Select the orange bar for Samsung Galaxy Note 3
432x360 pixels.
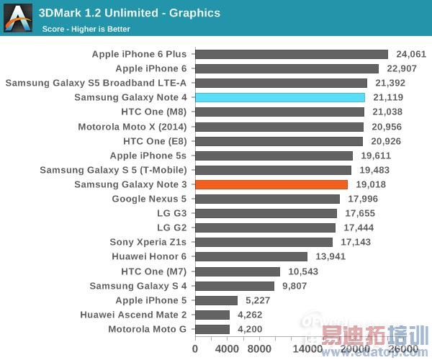tap(271, 184)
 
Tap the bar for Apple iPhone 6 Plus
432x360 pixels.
tap(292, 54)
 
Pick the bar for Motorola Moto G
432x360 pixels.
tap(212, 329)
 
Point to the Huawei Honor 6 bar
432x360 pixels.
tap(251, 256)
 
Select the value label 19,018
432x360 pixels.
tap(369, 184)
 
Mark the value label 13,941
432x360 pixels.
tap(328, 256)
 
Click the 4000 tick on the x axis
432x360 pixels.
tap(228, 349)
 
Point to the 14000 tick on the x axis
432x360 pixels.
tap(307, 349)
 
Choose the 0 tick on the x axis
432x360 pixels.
tap(195, 349)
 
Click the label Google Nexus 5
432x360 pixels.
tap(149, 199)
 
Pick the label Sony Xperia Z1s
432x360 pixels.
tap(148, 242)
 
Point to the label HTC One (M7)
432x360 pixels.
tap(154, 271)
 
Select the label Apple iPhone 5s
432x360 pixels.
tap(148, 156)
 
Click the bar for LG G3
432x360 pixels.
tap(266, 213)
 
